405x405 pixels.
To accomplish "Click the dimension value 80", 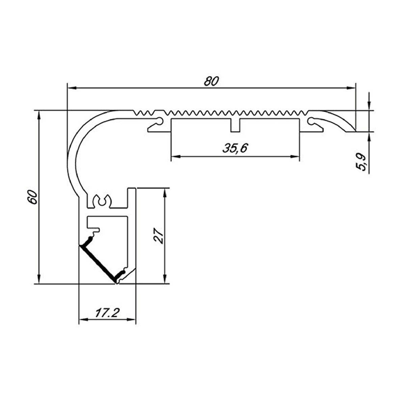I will [212, 81].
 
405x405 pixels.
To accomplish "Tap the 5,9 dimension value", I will [363, 162].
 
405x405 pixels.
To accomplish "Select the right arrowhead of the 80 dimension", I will [352, 88].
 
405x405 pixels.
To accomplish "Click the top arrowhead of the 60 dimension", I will [39, 115].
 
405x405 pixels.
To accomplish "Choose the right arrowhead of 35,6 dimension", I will [296, 157].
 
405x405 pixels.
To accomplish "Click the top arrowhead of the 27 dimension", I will [165, 192].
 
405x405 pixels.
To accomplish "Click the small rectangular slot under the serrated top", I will [235, 125].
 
